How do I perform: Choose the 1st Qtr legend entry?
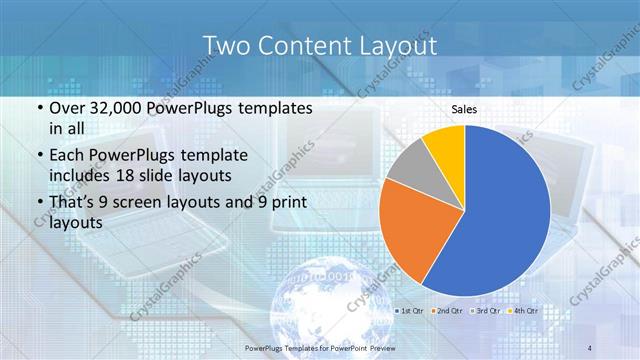411,312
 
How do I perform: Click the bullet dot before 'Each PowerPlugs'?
38,156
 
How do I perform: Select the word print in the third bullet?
286,204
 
